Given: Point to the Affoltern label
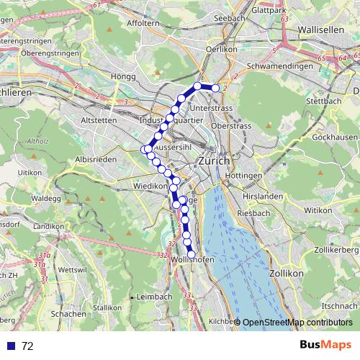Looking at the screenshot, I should [x=143, y=24].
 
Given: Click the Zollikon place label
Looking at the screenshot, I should [x=282, y=274].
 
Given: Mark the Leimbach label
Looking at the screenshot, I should [x=153, y=297].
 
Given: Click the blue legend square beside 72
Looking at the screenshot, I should [x=9, y=346].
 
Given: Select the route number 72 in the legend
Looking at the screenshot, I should [x=27, y=346].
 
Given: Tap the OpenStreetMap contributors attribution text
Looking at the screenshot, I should [x=297, y=323].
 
